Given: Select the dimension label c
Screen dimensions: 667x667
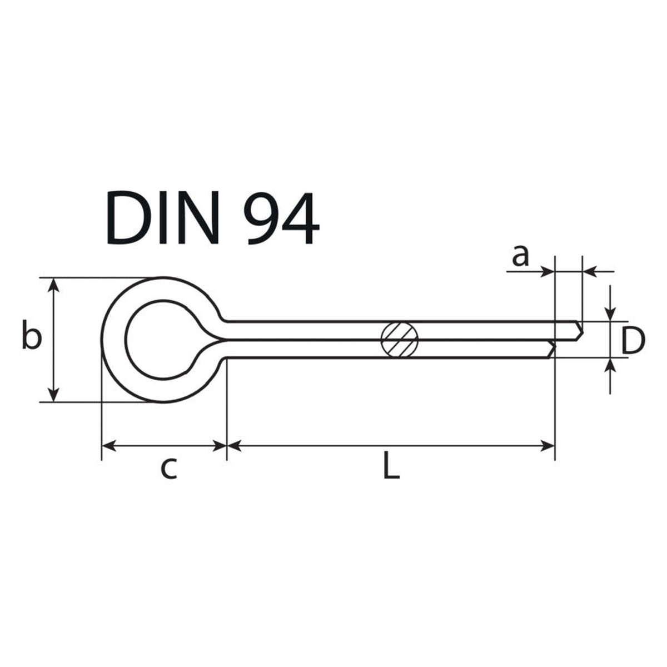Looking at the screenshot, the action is click(x=169, y=469).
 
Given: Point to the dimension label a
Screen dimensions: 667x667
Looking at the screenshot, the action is click(x=521, y=256).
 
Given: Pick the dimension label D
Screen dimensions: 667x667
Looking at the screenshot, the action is click(x=633, y=341).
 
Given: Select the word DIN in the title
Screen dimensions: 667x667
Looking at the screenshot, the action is click(x=163, y=218).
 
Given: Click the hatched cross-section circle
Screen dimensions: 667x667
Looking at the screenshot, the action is click(x=399, y=340).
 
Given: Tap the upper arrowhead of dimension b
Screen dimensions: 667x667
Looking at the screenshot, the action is click(x=53, y=285).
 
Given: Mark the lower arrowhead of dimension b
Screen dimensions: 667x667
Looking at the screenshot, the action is click(x=53, y=395).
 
